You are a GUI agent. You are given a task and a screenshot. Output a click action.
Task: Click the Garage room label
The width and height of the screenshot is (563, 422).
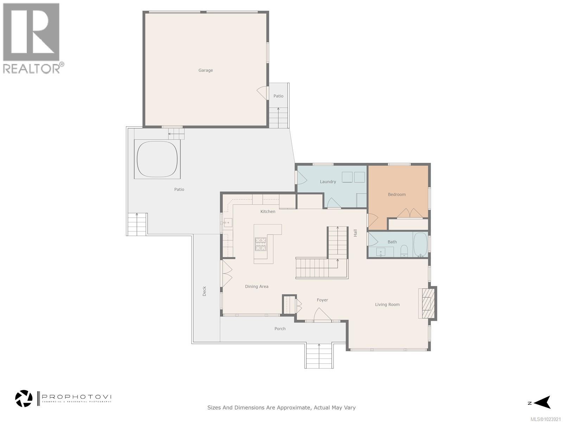[x=205, y=70]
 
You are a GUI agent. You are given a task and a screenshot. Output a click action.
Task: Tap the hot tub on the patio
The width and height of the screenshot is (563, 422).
[x=157, y=159]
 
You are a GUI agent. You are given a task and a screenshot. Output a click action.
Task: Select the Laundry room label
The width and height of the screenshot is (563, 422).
[x=328, y=182]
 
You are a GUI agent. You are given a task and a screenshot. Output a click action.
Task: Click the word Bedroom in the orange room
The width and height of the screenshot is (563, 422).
[x=397, y=194]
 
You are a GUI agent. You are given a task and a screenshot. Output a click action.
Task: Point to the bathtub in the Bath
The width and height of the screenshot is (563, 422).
[x=420, y=245]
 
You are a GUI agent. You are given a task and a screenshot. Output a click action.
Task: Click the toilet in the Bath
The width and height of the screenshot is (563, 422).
[x=404, y=251]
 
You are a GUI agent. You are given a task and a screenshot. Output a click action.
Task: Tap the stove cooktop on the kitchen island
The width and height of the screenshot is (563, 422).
[x=261, y=244]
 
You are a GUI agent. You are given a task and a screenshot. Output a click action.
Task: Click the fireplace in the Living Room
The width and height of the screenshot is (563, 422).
[x=427, y=303]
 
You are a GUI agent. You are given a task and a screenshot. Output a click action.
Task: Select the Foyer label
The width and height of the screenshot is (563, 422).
[x=322, y=300]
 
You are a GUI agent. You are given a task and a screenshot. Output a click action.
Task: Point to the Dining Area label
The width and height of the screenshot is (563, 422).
[x=257, y=287]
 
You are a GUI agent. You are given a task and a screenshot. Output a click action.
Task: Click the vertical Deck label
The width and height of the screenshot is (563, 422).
[x=204, y=291]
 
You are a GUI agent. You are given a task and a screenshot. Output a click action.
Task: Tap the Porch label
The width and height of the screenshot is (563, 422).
[x=280, y=329]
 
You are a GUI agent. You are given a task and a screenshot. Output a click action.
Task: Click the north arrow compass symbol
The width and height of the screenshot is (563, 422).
[x=542, y=402]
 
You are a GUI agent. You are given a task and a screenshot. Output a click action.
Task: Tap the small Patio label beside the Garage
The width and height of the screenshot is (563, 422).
[x=278, y=96]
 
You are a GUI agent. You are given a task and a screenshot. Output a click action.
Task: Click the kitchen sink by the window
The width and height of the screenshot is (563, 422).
[x=228, y=222]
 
